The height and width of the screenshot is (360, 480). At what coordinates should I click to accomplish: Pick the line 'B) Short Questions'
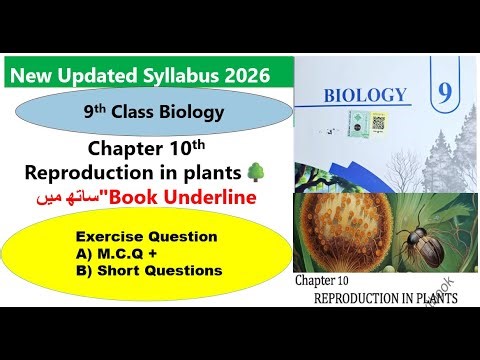click(149, 270)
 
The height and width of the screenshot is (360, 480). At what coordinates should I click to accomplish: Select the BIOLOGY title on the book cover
click(366, 96)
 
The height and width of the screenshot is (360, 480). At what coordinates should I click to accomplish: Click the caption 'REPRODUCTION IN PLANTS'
click(386, 300)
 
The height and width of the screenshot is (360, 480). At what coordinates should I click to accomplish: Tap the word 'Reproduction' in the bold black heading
click(99, 174)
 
